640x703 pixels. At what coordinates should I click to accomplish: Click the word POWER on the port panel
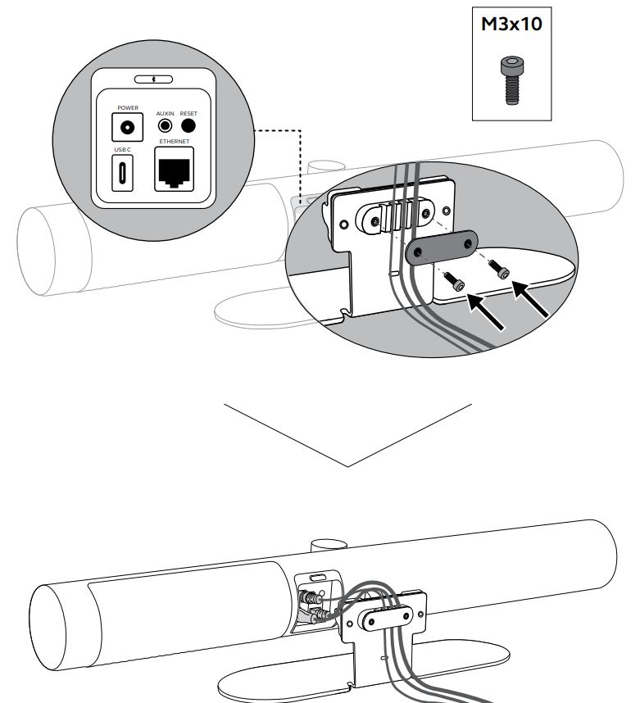[x=127, y=107]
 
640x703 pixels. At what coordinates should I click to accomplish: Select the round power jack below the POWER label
[x=127, y=127]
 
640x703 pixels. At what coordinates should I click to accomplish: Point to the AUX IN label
[x=166, y=115]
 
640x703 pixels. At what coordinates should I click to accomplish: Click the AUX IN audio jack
[x=167, y=127]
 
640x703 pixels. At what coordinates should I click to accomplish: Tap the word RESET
[x=189, y=115]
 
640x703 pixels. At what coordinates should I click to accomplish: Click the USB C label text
[x=122, y=150]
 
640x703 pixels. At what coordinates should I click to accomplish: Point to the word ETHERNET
[x=174, y=142]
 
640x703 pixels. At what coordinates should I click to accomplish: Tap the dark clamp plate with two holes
[x=442, y=247]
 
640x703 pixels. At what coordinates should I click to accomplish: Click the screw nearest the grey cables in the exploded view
[x=456, y=283]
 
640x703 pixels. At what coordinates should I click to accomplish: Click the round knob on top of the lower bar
[x=328, y=546]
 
